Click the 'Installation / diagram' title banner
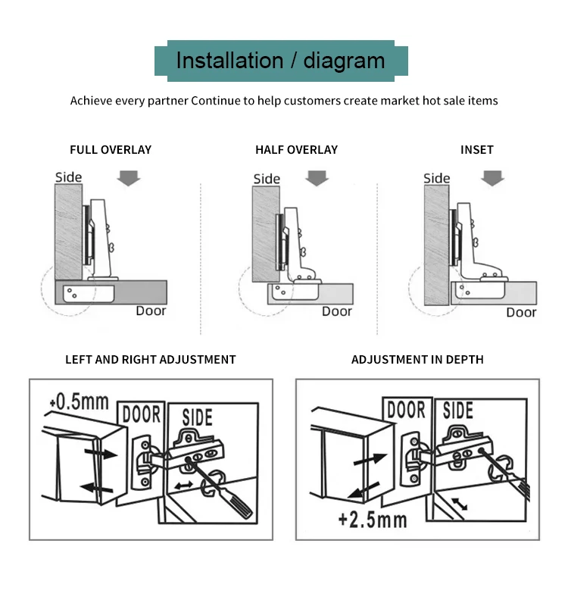point(281,60)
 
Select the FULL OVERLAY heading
point(111,150)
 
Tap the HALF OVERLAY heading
point(296,150)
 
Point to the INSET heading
point(476,150)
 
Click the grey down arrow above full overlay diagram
point(130,178)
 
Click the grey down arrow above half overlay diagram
point(317,178)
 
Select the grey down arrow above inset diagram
point(493,178)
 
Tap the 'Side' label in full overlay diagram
point(68,178)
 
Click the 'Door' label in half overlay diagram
point(336,311)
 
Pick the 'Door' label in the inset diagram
point(521,312)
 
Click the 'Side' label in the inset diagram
point(437,179)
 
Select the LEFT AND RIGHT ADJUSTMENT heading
point(151,360)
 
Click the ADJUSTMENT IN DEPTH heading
point(417,360)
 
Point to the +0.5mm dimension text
point(78,401)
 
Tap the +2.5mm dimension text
point(373,520)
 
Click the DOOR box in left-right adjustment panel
point(142,414)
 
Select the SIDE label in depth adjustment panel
point(458,411)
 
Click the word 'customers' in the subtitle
point(312,101)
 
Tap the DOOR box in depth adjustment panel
point(407,411)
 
